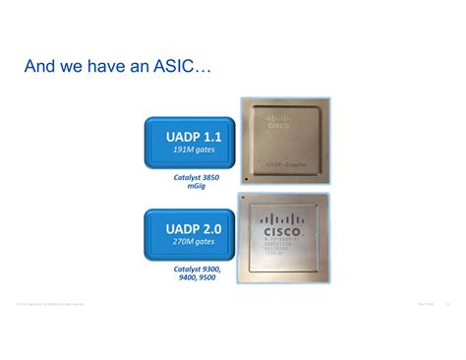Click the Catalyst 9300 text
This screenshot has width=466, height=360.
pos(198,269)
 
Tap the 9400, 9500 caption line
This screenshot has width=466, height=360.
pos(198,277)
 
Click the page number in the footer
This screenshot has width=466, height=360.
pos(447,304)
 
